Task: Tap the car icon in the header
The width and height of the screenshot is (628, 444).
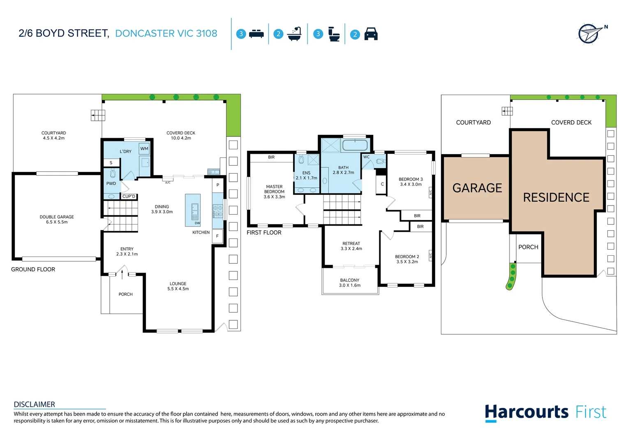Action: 371,34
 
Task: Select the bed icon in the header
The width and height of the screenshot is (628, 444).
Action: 256,34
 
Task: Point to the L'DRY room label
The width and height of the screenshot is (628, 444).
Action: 125,152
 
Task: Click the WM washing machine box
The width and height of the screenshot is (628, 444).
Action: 144,149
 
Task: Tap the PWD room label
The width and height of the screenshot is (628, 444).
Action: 111,183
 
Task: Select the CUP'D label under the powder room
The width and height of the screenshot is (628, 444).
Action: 129,197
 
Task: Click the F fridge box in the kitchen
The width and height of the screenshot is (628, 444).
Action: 217,236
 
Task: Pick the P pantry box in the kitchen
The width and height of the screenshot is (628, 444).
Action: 218,185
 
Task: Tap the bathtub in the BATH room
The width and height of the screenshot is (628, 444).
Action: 355,145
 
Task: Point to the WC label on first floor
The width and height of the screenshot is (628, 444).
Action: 366,157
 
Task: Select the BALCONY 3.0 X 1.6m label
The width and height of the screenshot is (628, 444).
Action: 350,283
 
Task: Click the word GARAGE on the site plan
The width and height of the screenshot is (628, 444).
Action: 477,188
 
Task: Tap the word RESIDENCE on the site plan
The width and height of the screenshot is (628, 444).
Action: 556,198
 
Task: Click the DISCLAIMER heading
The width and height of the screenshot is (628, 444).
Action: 35,405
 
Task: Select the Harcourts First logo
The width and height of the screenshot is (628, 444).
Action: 545,412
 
